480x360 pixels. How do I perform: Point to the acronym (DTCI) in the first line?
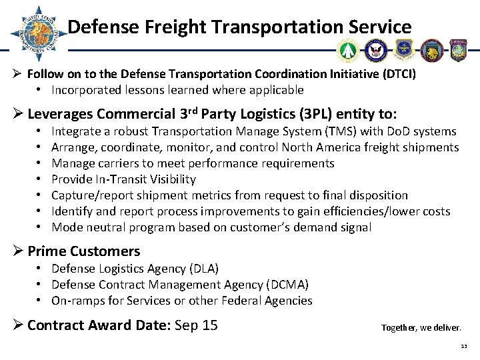tap(397, 75)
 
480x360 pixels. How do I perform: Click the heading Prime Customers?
tap(84, 251)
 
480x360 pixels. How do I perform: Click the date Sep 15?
tap(197, 326)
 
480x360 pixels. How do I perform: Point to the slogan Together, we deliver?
tap(420, 328)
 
